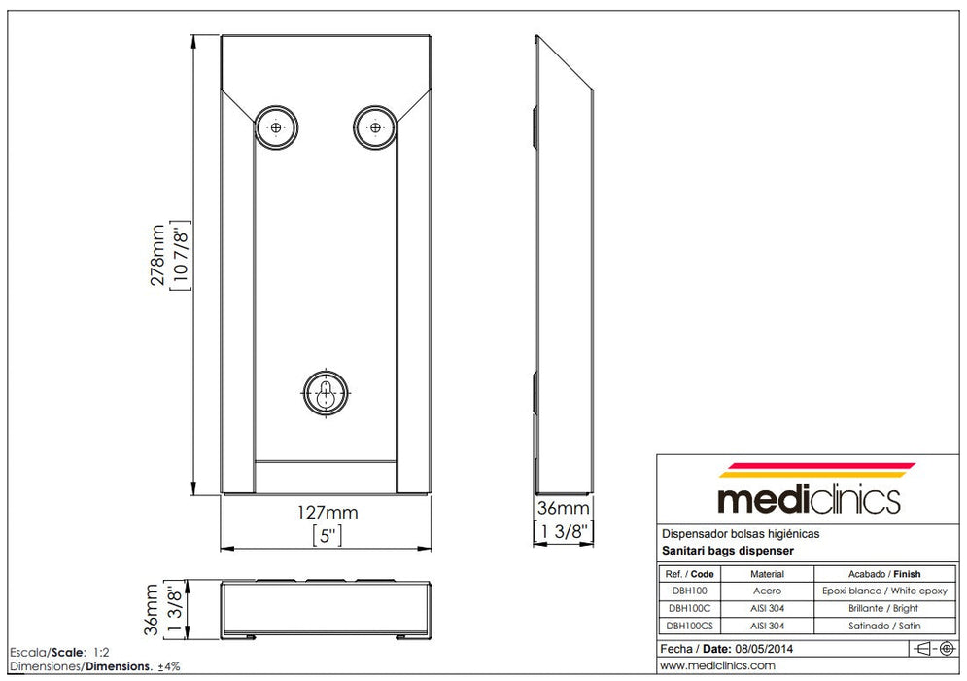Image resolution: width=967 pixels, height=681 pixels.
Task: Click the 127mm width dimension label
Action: point(327,512)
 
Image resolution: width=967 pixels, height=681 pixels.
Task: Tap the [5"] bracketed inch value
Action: point(327,534)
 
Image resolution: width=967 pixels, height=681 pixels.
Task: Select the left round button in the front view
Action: point(277,126)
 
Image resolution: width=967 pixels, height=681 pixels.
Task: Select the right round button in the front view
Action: point(375,126)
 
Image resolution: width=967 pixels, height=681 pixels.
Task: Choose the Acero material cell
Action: point(767,591)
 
